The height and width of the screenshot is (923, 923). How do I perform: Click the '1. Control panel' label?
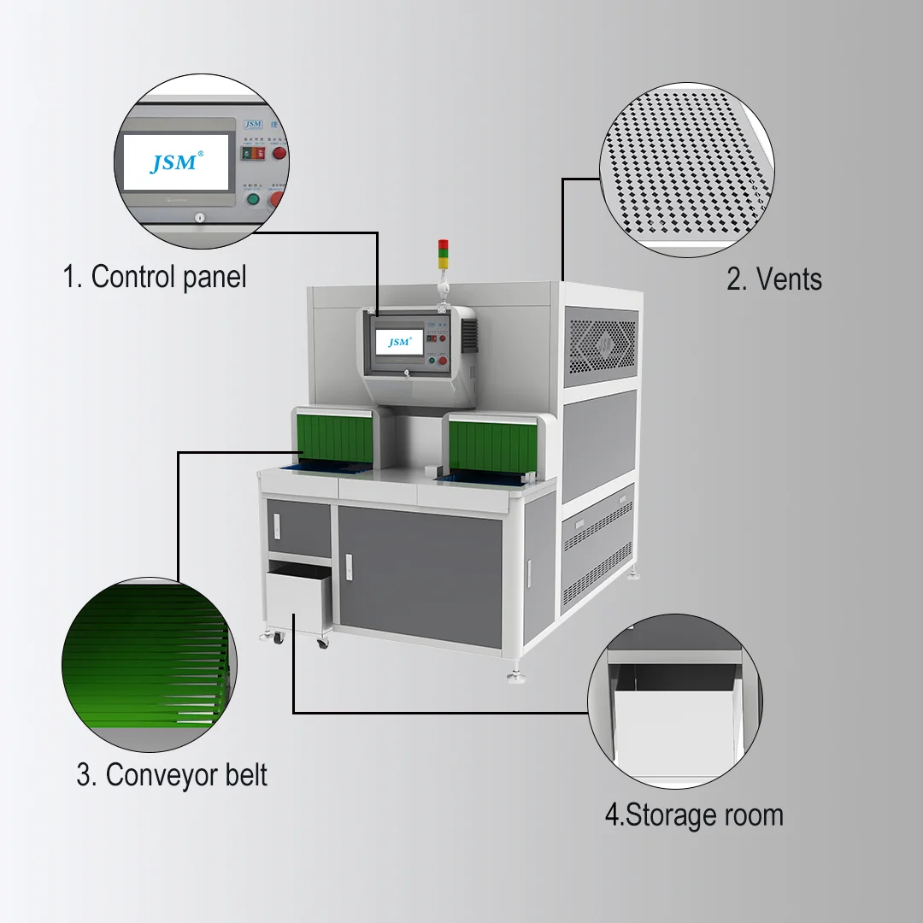155,277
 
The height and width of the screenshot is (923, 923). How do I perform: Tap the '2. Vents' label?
774,279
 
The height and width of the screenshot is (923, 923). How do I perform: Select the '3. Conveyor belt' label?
172,775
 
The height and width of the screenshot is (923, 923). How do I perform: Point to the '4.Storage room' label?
694,814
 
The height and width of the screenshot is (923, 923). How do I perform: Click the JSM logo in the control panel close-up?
176,162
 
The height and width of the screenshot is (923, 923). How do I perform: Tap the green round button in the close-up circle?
252,200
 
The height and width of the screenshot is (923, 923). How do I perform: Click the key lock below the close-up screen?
198,219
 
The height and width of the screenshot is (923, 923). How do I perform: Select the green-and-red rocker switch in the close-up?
253,154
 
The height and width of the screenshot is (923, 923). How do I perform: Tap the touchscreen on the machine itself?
399,342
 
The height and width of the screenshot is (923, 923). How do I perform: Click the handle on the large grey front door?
349,564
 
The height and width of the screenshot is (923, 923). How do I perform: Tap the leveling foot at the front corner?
516,677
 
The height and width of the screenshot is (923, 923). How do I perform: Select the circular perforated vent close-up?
688,170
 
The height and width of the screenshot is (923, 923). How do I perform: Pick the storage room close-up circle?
674,701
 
